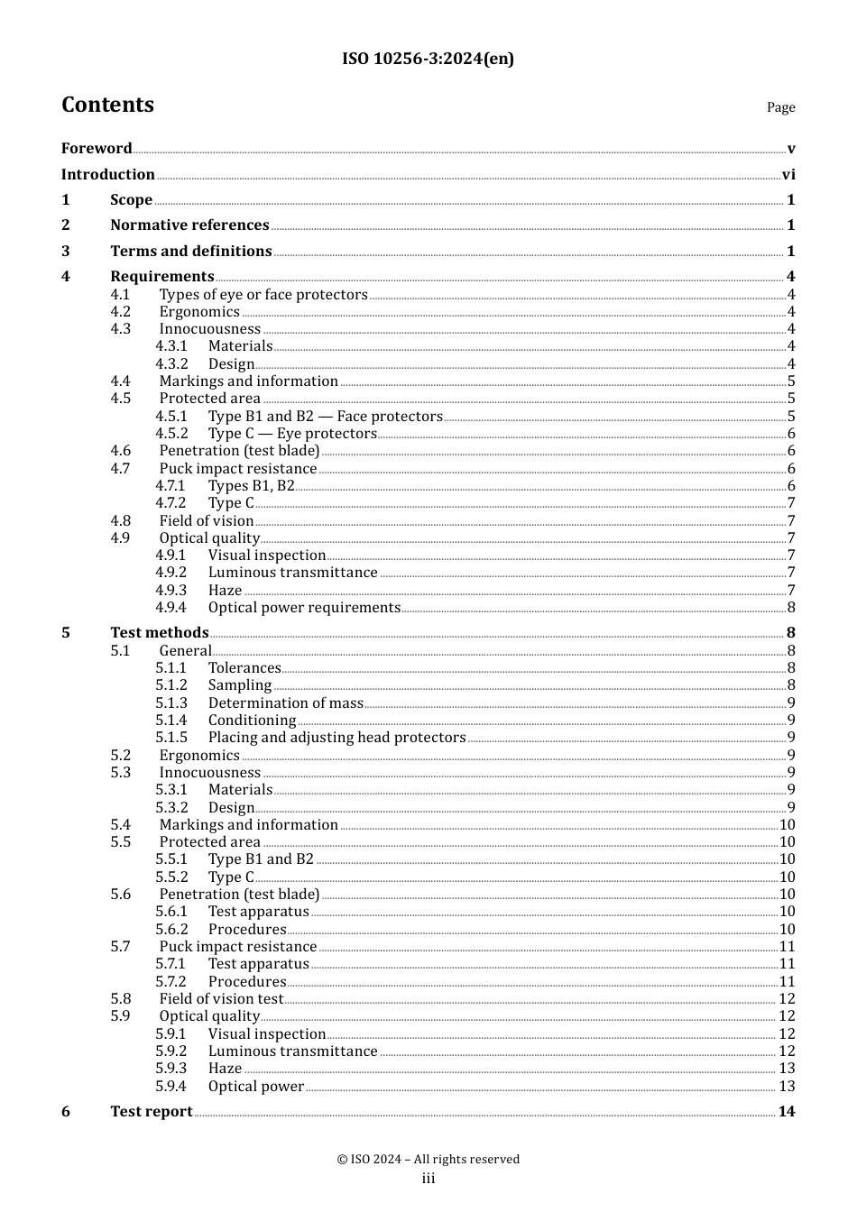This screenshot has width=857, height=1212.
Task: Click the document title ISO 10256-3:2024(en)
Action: [428, 59]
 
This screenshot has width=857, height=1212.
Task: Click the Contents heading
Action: [107, 105]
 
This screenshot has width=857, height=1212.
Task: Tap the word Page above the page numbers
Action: [780, 107]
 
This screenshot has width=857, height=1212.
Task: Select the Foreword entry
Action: [97, 148]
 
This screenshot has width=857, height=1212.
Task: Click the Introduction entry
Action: [108, 174]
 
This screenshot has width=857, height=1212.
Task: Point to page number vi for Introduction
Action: [788, 174]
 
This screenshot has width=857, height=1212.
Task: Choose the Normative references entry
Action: [189, 225]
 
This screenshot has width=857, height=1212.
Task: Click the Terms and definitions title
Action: [191, 251]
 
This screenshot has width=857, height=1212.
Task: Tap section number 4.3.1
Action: [171, 346]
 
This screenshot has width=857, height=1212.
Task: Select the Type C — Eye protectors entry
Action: [292, 434]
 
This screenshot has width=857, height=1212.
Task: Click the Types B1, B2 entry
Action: [251, 486]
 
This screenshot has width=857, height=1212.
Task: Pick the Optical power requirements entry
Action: [304, 608]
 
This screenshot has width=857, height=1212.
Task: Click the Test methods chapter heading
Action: [160, 632]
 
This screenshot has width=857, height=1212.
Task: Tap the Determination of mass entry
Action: [285, 703]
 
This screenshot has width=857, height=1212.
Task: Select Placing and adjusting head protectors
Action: [336, 738]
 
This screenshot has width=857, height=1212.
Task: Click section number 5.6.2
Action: [171, 930]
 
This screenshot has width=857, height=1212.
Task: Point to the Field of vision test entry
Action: [221, 999]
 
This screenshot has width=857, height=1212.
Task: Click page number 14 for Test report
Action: [787, 1111]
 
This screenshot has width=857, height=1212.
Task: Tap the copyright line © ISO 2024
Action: [428, 1159]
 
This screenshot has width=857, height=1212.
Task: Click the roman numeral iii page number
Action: [428, 1179]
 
